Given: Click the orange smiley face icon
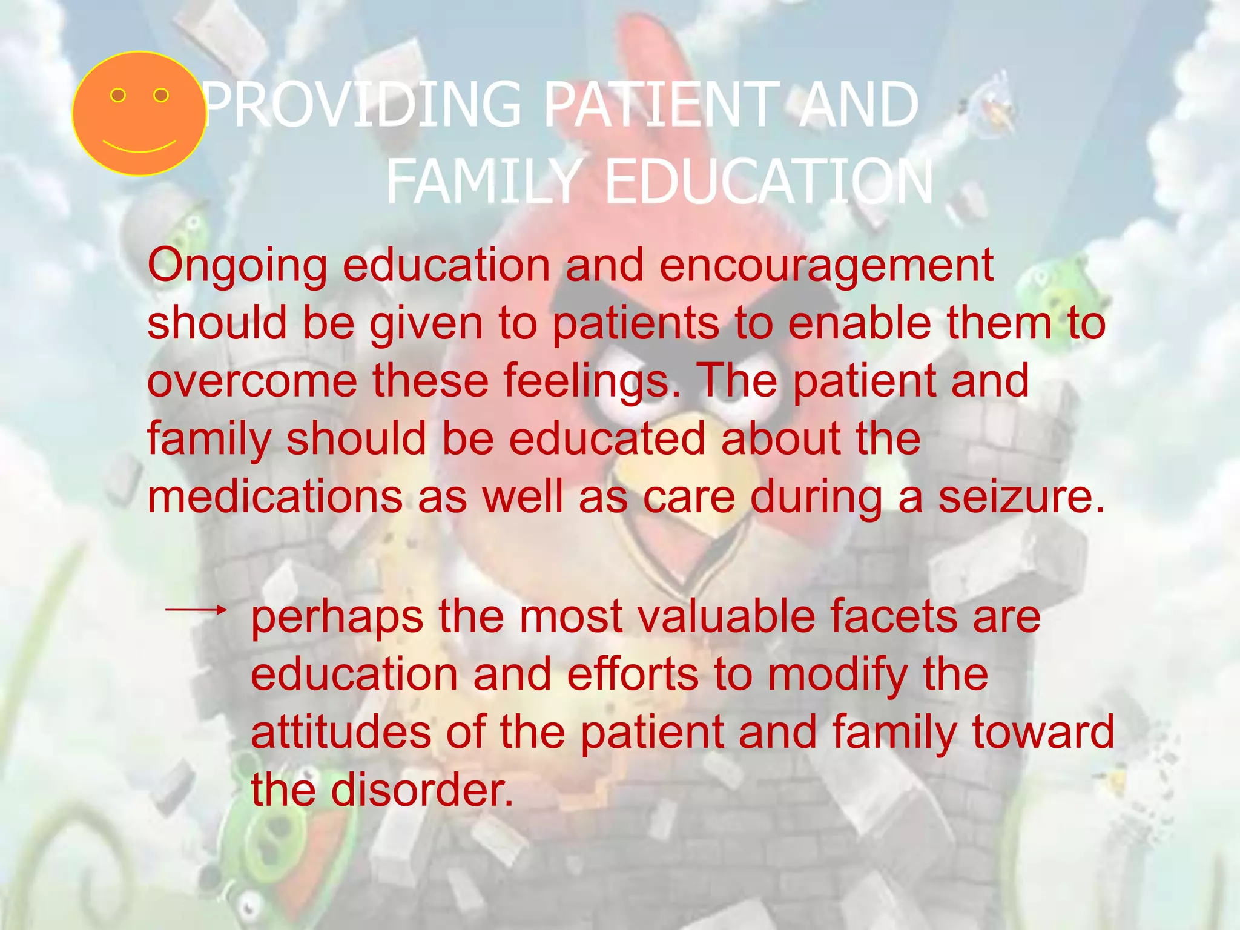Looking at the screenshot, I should coord(139,114).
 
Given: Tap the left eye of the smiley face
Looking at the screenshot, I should coord(118,95).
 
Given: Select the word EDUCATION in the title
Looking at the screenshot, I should coord(769,182).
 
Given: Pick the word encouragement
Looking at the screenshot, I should coord(826,266).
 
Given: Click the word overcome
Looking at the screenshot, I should coord(252,381).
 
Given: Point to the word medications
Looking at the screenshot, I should coord(275,497).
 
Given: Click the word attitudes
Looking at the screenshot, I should coord(341,733).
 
